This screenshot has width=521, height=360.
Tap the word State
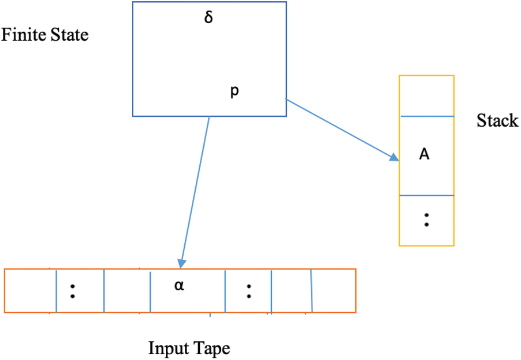pos(69,36)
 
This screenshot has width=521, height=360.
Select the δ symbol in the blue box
pos(209,18)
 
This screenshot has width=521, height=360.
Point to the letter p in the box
pos(234,91)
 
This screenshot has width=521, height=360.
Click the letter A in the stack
pos(424,155)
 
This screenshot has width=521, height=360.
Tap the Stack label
pos(497,121)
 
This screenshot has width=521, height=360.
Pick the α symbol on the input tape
pos(180,285)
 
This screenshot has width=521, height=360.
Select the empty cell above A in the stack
pos(427,96)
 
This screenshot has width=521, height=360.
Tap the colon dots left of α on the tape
pos(73,290)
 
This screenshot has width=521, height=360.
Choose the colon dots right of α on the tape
pos(248,290)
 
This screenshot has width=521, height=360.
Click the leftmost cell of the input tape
pos(31,290)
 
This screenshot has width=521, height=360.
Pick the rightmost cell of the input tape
pos(334,290)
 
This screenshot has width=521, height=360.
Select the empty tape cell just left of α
pos(127,290)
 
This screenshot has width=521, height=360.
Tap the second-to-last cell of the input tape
pos(291,290)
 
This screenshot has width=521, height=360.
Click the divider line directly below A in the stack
pos(427,196)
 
